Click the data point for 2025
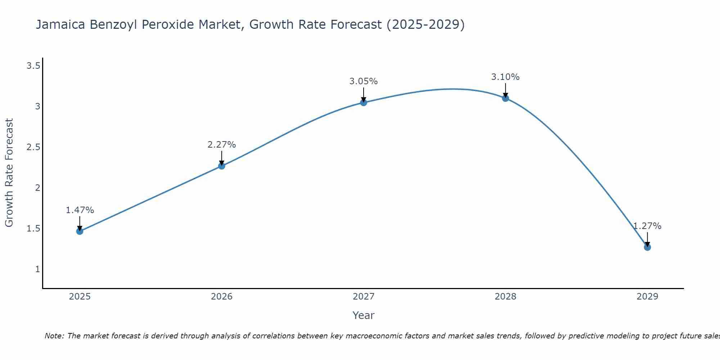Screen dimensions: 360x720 pos(80,231)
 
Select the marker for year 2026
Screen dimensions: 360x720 pos(221,166)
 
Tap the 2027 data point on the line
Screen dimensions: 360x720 pos(363,103)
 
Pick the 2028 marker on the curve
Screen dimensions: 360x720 pos(505,98)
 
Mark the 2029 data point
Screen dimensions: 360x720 pos(647,247)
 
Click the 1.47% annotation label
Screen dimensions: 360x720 pos(80,210)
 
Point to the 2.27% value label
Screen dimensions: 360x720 pos(221,145)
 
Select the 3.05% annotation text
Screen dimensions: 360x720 pos(363,81)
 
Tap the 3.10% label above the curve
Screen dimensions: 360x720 pos(505,77)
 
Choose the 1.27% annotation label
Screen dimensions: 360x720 pos(647,226)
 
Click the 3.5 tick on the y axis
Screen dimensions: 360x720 pos(33,66)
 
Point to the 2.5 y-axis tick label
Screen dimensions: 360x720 pos(33,147)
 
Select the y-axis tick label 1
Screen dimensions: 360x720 pos(37,269)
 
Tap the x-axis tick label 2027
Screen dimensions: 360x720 pos(363,297)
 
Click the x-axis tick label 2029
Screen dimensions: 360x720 pos(647,297)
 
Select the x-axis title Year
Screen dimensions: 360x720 pos(363,315)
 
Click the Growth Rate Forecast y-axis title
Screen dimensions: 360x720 pos(9,173)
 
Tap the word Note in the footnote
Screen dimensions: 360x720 pos(54,336)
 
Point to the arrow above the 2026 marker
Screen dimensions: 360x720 pos(221,158)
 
